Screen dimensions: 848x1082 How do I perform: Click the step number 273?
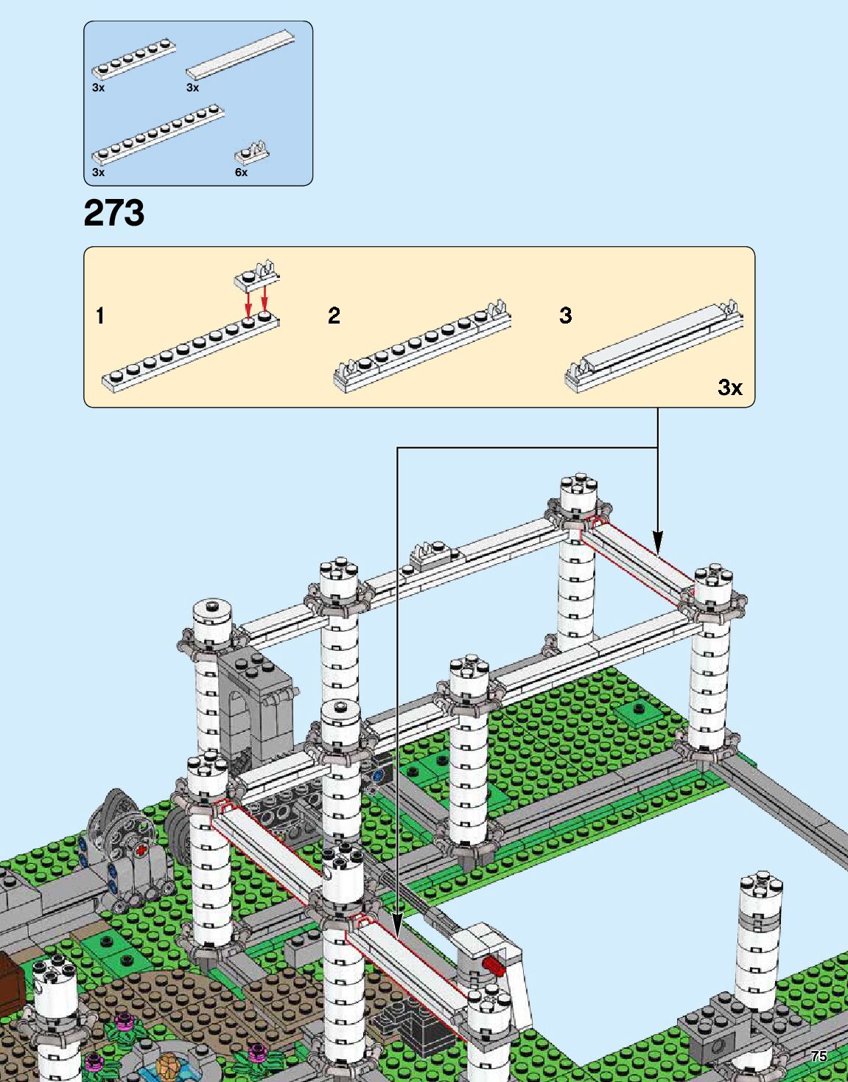click(x=114, y=213)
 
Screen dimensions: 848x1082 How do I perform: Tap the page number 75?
click(x=819, y=1056)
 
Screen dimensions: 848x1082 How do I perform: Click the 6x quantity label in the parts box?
click(x=241, y=172)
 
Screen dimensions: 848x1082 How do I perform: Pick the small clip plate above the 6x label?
click(x=252, y=152)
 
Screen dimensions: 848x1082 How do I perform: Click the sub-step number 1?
click(x=100, y=316)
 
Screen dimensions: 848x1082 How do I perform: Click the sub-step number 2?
click(x=334, y=316)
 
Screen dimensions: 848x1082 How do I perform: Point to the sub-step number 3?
click(x=565, y=315)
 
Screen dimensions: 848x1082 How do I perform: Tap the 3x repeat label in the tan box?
click(x=729, y=387)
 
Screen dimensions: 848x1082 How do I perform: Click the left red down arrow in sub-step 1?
click(x=248, y=302)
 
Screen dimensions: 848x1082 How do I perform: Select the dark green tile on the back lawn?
click(x=637, y=711)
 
